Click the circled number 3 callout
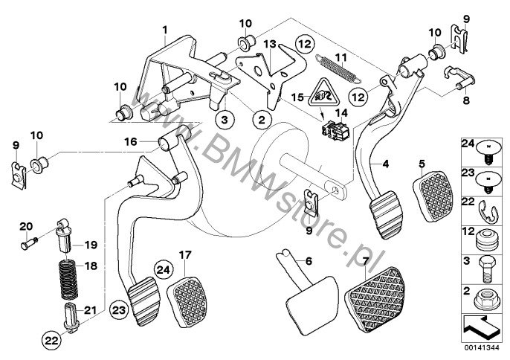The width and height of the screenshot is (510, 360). click(225, 119)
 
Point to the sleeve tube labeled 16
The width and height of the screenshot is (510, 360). click(169, 138)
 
